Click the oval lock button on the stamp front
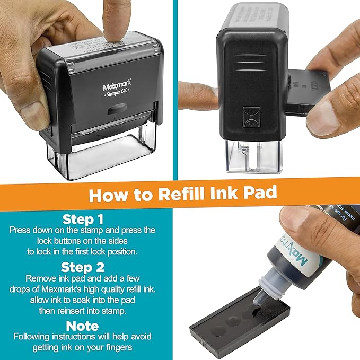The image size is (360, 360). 118,110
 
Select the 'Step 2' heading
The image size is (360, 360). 84,266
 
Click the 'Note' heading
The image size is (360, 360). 83,324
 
